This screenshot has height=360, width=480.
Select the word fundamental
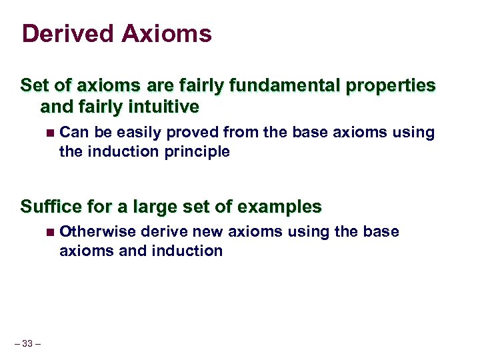point(268,86)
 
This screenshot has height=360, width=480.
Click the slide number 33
point(27,344)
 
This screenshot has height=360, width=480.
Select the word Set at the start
point(34,86)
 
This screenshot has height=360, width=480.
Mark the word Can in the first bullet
point(72,133)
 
